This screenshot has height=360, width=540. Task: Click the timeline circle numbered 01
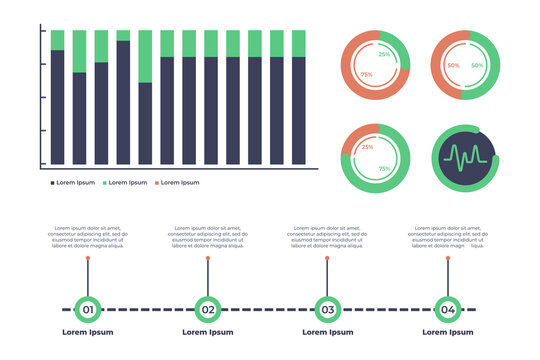click(x=88, y=309)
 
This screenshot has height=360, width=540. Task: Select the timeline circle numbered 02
click(x=207, y=309)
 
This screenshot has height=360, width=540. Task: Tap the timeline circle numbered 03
click(x=326, y=309)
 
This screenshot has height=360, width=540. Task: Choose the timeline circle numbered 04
click(x=447, y=309)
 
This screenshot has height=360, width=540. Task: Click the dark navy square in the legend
click(x=52, y=183)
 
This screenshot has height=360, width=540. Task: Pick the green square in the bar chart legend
click(x=104, y=183)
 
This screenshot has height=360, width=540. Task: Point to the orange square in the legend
click(x=156, y=183)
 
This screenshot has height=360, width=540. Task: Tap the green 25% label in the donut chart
click(x=384, y=55)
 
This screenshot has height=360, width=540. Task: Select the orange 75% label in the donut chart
click(x=367, y=75)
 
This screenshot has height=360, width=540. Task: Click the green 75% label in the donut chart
click(x=384, y=169)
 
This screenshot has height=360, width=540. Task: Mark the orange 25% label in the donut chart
click(x=367, y=148)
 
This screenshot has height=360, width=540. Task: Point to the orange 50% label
click(x=453, y=66)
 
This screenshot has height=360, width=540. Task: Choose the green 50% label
click(x=477, y=66)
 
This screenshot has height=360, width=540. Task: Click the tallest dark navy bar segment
click(x=123, y=102)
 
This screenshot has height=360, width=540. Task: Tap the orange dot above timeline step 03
click(x=326, y=258)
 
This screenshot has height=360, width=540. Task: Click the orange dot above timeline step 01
click(x=88, y=258)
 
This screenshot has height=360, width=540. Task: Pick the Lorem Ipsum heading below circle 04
click(x=447, y=332)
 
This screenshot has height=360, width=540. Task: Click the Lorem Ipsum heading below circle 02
click(x=207, y=332)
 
